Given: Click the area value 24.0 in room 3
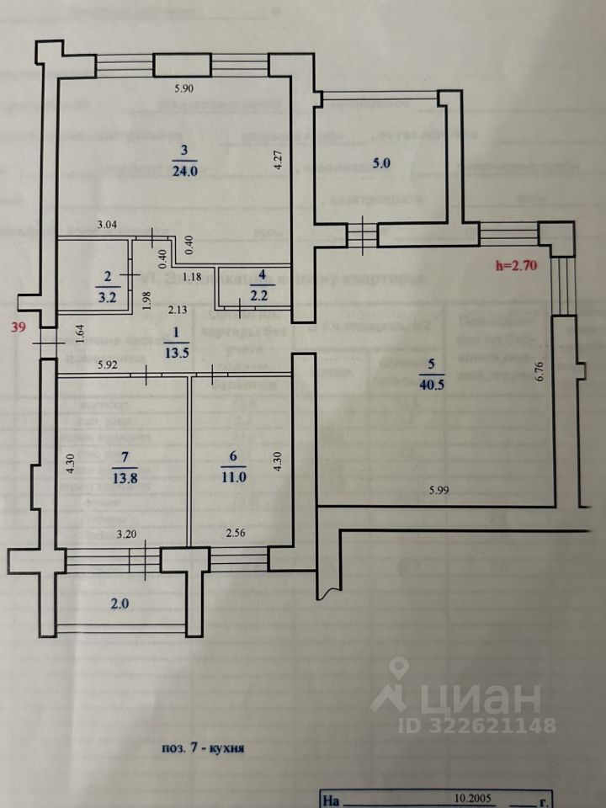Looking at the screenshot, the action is (x=184, y=169).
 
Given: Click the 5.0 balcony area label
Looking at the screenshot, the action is (x=381, y=164).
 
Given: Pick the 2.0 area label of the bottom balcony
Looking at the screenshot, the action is (x=121, y=603).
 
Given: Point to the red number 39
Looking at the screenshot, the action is (x=17, y=329).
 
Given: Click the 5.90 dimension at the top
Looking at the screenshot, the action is (x=183, y=89).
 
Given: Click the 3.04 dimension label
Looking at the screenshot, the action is (x=109, y=225).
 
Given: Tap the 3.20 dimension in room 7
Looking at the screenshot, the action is (x=125, y=533).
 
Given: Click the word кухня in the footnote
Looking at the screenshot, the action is (x=227, y=747).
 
